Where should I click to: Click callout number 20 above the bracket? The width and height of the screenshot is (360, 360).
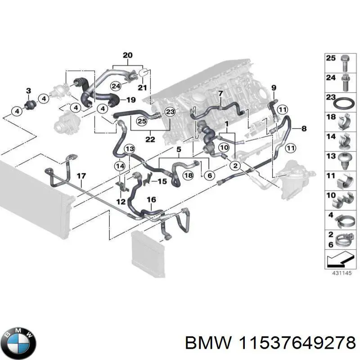coord(128,55)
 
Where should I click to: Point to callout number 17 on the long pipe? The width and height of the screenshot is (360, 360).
coord(81,176)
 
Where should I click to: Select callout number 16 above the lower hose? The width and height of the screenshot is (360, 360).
coord(152,199)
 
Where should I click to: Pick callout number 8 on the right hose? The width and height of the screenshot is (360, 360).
coord(304,129)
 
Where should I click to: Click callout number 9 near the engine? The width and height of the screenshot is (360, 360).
coord(274,87)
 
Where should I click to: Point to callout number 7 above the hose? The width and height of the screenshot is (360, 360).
coord(220,94)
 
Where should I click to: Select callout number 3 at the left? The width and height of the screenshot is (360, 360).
coord(28,91)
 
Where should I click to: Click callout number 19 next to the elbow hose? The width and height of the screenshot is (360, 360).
coord(131,99)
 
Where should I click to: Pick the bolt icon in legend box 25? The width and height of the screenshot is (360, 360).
coord(344,62)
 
